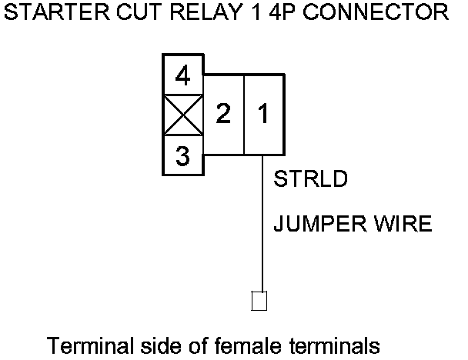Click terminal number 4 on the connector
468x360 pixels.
coord(182,76)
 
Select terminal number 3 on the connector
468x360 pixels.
coord(182,157)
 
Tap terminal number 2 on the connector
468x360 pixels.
coord(223,115)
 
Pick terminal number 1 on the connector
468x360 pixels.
coord(263,115)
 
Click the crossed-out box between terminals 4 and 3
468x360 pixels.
coord(182,116)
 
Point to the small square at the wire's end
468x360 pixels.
coord(259,300)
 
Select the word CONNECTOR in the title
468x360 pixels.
coord(369,13)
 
